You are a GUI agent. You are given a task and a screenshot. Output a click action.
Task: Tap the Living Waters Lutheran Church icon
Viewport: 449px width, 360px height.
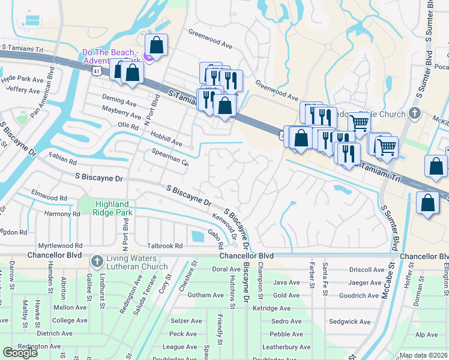click(x=97, y=262)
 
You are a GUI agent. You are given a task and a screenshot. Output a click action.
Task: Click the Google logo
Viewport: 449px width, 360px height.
click(x=20, y=353)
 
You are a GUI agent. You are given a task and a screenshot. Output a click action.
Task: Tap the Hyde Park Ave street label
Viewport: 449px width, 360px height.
click(x=22, y=79)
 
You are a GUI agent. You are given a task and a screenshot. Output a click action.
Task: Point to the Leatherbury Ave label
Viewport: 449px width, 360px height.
click(x=286, y=347)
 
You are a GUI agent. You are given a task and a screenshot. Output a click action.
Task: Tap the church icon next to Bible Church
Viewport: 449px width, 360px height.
click(x=414, y=113)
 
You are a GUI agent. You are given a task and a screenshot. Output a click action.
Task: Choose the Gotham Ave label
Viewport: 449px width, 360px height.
click(x=188, y=295)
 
